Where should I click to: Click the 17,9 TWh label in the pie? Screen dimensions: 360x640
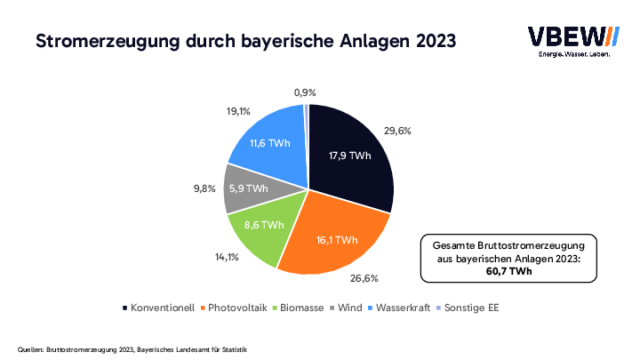348,156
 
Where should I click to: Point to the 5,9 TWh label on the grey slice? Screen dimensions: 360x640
248,188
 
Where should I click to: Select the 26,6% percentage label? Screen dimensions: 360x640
364,278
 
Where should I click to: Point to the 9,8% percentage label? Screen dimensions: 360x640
204,188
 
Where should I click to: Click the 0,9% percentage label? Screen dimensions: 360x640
305,92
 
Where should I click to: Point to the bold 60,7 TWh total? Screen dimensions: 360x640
508,270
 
